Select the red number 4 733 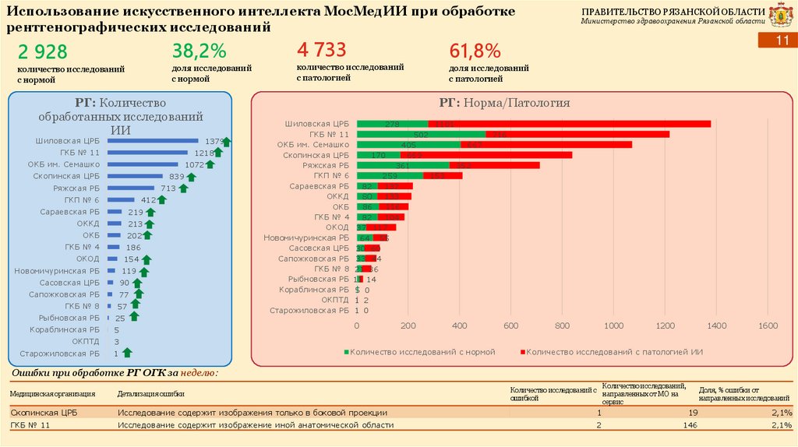[321, 51]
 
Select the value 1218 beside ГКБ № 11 [204, 153]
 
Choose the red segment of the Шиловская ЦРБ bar [569, 124]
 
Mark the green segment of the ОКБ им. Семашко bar [408, 144]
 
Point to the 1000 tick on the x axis [613, 326]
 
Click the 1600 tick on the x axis [768, 326]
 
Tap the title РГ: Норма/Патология [504, 103]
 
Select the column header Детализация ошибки [150, 394]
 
